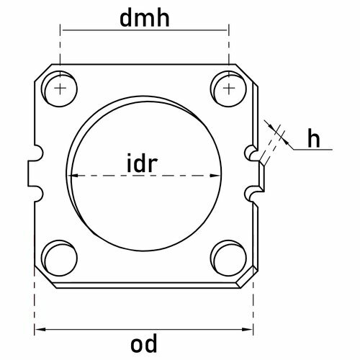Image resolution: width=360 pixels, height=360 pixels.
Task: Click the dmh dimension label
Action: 145,19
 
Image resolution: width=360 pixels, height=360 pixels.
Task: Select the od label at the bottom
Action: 144,343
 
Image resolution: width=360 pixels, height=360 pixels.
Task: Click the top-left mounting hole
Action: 59,89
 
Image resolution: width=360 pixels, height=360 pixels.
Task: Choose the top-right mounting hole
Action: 228,89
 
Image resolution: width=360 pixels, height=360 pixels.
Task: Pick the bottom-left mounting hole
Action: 59,258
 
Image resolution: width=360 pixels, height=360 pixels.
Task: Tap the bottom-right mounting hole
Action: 228,258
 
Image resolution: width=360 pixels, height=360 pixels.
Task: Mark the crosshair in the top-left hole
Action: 60,89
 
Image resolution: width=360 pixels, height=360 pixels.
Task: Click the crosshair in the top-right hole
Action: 229,89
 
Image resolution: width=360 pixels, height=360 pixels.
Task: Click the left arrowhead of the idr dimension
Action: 73,176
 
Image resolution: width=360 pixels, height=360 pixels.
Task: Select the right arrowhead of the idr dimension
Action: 215,176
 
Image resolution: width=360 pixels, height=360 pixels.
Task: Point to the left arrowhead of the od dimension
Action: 40,329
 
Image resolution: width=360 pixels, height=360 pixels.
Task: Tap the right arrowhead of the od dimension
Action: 247,329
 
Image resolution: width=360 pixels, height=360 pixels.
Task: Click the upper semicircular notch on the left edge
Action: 38,153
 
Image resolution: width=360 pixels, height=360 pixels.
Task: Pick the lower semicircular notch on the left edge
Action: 38,194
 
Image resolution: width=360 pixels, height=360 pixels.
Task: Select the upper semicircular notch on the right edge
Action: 250,153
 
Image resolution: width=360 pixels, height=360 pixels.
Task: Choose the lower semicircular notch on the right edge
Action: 250,194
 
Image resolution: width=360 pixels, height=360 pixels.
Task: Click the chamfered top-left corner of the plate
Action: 43,73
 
